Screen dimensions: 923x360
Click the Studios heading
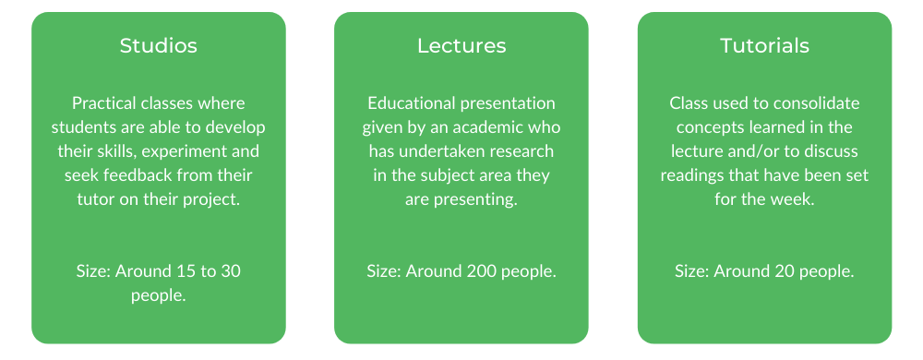tap(159, 46)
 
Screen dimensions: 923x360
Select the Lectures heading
tap(461, 46)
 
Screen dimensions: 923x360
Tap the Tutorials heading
tap(764, 46)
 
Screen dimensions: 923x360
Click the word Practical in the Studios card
tap(99, 103)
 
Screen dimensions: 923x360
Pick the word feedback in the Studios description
tap(149, 175)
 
